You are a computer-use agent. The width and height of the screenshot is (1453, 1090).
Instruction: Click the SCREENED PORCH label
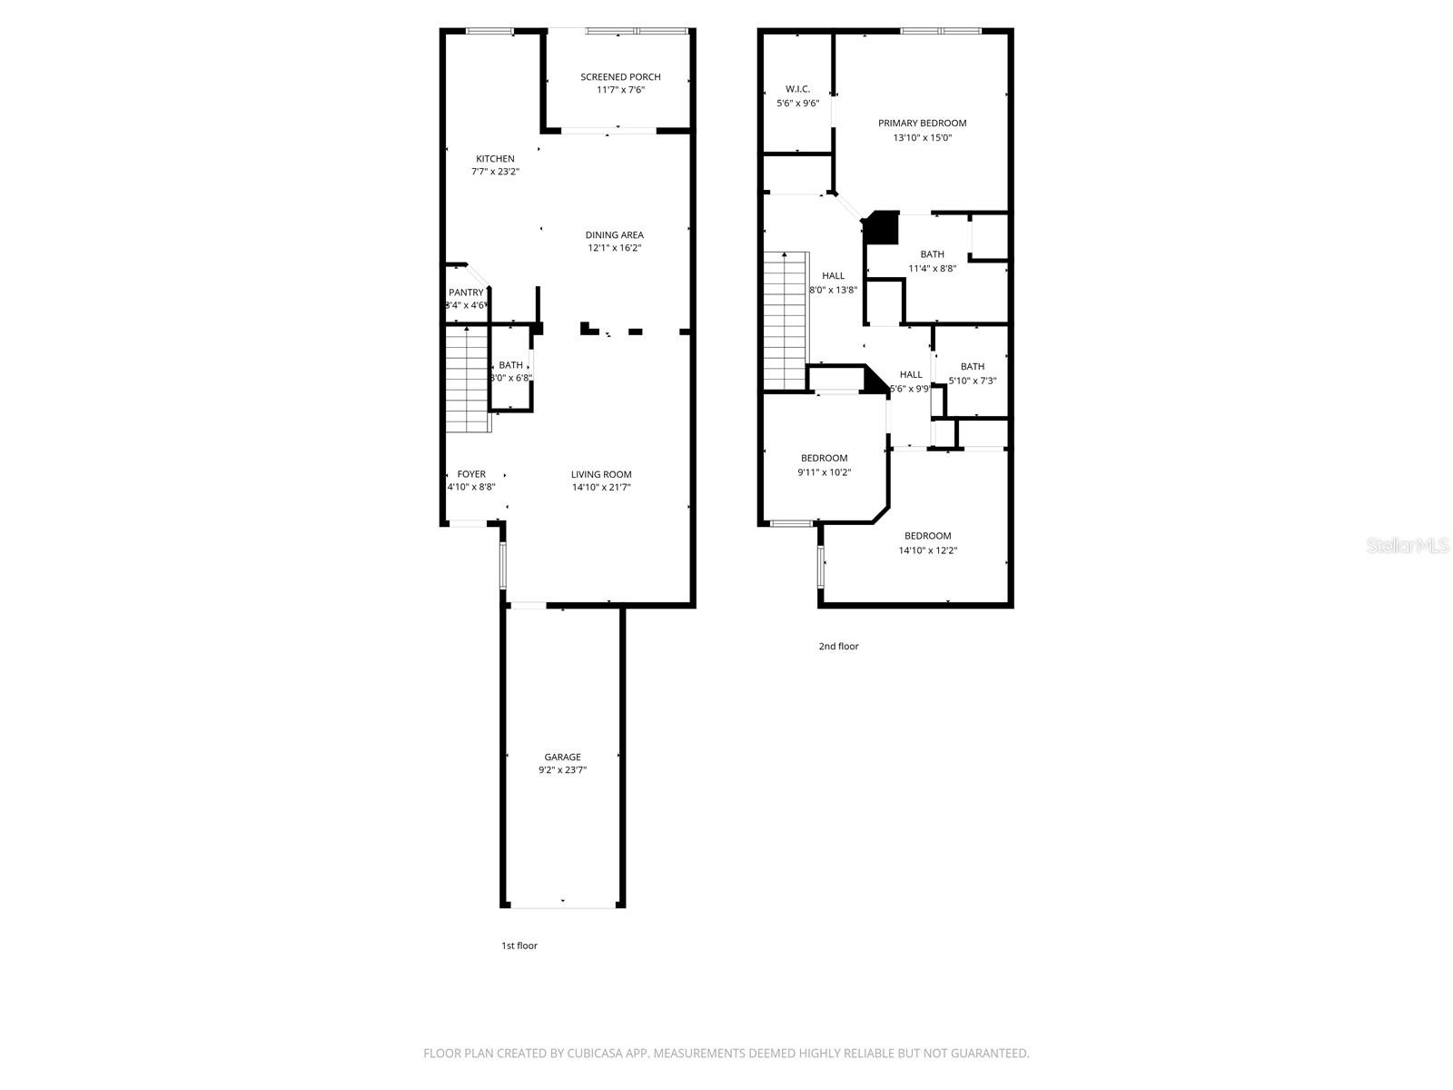coord(620,77)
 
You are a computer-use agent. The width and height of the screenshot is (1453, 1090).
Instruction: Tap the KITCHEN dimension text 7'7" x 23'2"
coord(495,172)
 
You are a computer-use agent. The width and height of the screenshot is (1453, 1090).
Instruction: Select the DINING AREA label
coord(614,235)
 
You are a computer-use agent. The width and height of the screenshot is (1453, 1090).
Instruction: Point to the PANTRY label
coord(466,292)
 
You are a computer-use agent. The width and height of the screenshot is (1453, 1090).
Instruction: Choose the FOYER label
coord(471,474)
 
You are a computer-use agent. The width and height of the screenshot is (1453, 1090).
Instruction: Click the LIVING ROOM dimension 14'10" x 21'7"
coord(601,488)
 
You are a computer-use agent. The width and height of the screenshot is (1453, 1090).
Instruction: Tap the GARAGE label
coord(562,757)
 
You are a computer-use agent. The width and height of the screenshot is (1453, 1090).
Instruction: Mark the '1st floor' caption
coord(519,946)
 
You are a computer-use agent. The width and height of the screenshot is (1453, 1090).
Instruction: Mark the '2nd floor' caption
coord(838,647)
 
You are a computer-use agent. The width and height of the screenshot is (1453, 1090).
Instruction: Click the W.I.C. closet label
coord(797,89)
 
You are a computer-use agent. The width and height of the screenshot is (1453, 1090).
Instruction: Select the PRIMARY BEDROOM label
coord(922,123)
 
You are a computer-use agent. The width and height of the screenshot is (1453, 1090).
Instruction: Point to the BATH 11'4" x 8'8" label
coord(932,254)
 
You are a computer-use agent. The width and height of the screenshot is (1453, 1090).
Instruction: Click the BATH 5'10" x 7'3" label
coord(972,367)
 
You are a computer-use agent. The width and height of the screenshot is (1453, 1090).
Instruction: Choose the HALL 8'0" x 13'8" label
coord(833,276)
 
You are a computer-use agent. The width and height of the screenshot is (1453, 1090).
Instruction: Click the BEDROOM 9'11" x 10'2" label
coord(824,459)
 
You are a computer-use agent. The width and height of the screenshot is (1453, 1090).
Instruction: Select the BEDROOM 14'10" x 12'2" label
coord(927,536)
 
